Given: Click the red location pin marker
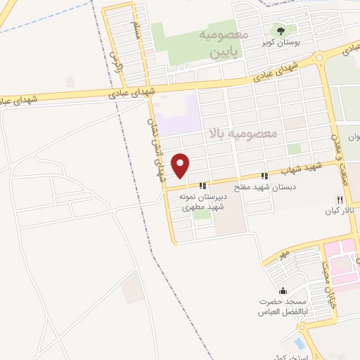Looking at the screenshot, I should [x=182, y=165].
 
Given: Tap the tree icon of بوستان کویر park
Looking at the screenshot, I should [x=281, y=30].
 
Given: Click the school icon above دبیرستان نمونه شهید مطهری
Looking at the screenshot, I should [x=202, y=186].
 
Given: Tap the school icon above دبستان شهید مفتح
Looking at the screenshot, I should [x=264, y=176].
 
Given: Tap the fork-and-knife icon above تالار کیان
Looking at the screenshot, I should [x=340, y=200].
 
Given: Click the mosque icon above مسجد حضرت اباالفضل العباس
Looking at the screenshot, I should [x=283, y=291].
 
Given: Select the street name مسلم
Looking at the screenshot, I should [x=136, y=30].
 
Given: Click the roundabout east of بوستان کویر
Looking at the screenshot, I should [x=319, y=58].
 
